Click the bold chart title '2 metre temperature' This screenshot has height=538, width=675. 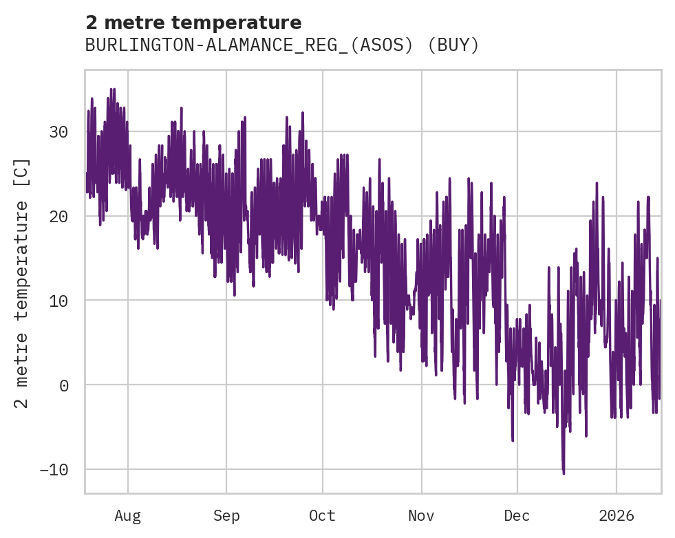pyautogui.click(x=193, y=23)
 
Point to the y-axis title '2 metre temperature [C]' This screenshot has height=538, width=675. pyautogui.click(x=22, y=282)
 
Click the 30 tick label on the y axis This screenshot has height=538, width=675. pyautogui.click(x=60, y=132)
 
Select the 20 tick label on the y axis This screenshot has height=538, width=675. pyautogui.click(x=60, y=217)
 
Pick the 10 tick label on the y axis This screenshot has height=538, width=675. pyautogui.click(x=60, y=301)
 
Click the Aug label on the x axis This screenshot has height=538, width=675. pyautogui.click(x=127, y=516)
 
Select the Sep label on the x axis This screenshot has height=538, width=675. pyautogui.click(x=226, y=516)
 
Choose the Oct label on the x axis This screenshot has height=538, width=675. pyautogui.click(x=322, y=516)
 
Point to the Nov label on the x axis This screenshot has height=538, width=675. pyautogui.click(x=421, y=516)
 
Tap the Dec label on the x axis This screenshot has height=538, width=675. pyautogui.click(x=517, y=516)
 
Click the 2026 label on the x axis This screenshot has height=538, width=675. pyautogui.click(x=617, y=516)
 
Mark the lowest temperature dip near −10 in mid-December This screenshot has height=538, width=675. pyautogui.click(x=564, y=473)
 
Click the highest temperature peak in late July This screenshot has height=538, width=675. pyautogui.click(x=112, y=89)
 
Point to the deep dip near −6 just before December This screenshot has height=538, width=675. pyautogui.click(x=513, y=440)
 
